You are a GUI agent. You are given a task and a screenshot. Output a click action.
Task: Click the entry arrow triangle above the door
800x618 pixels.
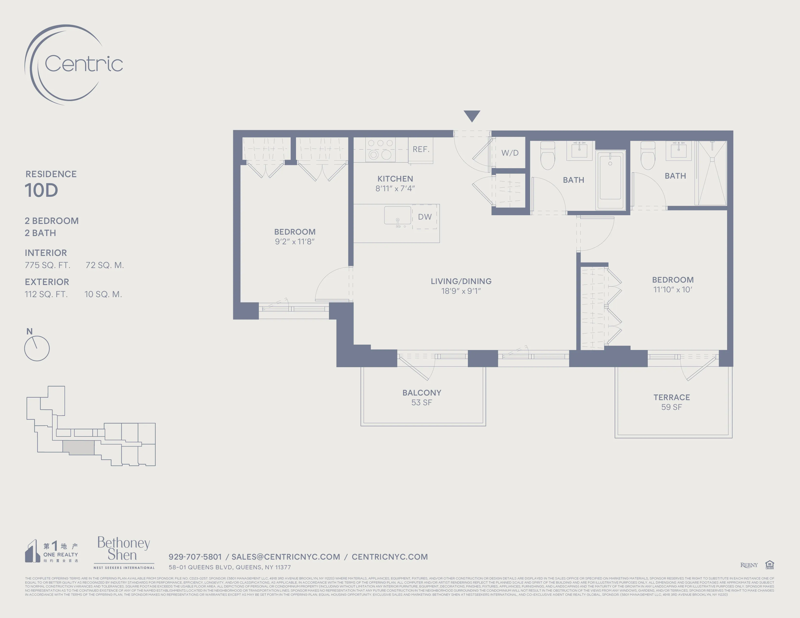click(472, 115)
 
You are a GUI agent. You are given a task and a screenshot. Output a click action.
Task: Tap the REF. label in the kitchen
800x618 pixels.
click(421, 149)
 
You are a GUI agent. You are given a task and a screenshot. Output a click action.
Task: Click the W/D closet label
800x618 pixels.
click(510, 153)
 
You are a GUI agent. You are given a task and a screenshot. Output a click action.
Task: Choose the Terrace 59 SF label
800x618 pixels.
click(672, 402)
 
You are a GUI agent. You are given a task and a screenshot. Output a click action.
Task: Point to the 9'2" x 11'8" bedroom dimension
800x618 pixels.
click(295, 242)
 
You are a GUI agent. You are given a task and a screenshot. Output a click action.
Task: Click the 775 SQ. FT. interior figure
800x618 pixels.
click(48, 265)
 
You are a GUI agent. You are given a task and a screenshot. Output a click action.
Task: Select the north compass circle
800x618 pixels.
click(37, 349)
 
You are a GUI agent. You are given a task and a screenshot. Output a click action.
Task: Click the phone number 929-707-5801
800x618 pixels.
click(195, 557)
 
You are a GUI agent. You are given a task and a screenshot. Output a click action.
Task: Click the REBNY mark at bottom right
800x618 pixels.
click(749, 565)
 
